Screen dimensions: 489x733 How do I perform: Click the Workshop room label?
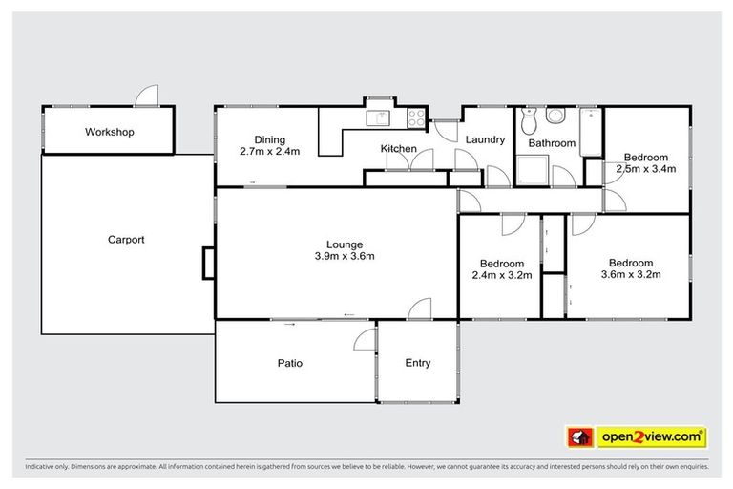pos(110,131)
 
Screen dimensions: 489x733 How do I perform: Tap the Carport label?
pos(126,240)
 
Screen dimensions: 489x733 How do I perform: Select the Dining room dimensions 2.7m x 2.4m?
pos(270,151)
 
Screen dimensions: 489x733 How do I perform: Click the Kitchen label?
pos(398,148)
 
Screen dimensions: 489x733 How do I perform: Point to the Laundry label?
pos(485,139)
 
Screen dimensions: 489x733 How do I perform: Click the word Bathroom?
pos(552,143)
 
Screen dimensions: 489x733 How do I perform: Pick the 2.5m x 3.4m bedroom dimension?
pos(645,169)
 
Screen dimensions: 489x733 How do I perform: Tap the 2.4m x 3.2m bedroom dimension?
pos(501,275)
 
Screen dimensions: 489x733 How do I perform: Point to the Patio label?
pos(290,363)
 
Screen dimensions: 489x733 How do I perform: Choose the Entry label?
pos(418,363)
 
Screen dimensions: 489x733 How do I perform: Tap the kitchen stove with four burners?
pos(417,118)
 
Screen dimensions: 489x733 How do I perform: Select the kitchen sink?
pos(380,117)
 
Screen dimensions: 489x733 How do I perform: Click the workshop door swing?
pos(146,96)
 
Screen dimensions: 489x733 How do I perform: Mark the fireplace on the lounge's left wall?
pos(208,263)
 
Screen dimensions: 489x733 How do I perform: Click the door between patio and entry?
pos(366,340)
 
